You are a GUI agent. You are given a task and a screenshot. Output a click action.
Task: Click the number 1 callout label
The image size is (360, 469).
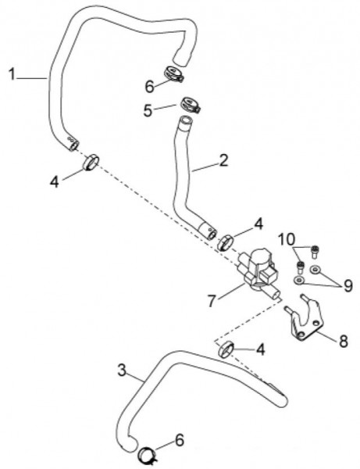[x=12, y=74]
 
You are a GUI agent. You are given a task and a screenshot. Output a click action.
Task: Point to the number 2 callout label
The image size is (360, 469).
[x=223, y=160]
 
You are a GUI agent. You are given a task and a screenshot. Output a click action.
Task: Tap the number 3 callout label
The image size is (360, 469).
[x=122, y=371]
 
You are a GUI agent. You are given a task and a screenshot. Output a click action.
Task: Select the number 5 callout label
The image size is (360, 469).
[x=148, y=110]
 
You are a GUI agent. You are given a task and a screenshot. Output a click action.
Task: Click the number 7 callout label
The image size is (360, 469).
[x=212, y=301]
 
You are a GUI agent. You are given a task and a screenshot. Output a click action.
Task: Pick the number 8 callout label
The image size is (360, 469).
[x=344, y=341]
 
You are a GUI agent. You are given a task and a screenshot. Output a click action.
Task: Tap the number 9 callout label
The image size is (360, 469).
[x=348, y=285]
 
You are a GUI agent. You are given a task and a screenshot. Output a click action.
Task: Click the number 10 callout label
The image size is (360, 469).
[x=287, y=239]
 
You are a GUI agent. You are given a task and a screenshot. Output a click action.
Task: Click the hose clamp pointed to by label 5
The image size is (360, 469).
[x=190, y=105]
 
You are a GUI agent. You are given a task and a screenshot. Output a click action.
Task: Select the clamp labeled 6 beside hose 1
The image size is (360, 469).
[x=173, y=73]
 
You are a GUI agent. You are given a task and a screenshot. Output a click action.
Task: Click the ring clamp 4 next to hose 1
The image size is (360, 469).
[x=91, y=162]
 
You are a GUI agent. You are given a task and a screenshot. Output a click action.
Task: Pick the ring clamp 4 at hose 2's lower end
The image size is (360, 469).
[x=226, y=242]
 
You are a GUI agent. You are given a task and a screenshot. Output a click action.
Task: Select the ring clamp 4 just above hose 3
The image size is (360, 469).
[x=226, y=349]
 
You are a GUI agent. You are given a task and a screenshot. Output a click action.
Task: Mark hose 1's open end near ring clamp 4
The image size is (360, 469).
[x=73, y=145]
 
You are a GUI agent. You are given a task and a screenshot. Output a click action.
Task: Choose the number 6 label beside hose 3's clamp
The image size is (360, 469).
[x=180, y=440]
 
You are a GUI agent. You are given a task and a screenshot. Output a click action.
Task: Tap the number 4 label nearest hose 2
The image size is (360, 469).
[x=258, y=224]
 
